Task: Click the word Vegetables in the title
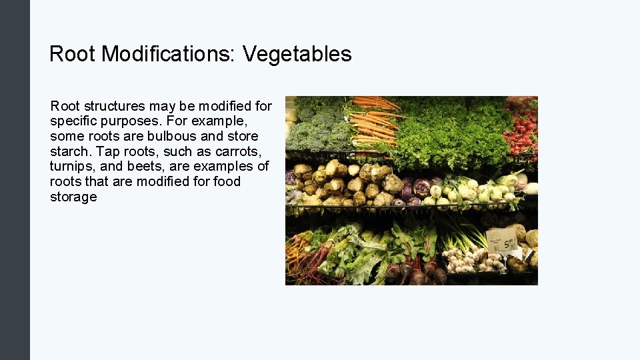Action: (x=297, y=54)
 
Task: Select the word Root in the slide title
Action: (x=72, y=54)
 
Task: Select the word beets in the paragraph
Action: (x=155, y=166)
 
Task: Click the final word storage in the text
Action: (x=73, y=197)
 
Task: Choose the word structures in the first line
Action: (x=114, y=105)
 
